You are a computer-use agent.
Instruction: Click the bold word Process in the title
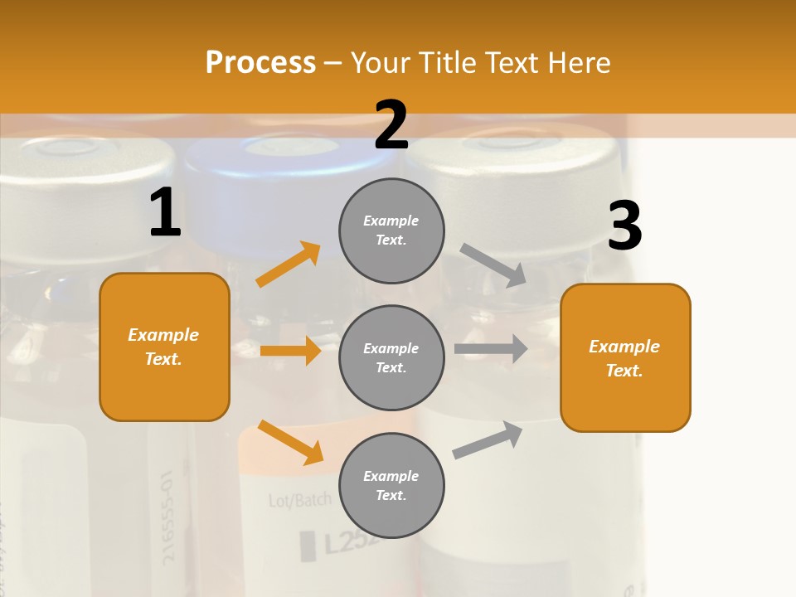[260, 63]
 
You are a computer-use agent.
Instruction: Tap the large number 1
[165, 213]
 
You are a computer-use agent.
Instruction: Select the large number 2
[391, 124]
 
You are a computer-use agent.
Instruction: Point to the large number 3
[624, 226]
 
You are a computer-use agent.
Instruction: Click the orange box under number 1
[164, 347]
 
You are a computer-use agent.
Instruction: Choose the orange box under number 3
[625, 357]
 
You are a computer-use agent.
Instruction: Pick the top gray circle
[391, 231]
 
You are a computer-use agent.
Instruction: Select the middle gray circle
[391, 357]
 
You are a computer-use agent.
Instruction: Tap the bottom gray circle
[391, 485]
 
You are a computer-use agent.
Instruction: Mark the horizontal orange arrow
[290, 351]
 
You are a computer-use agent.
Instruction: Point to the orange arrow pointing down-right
[290, 442]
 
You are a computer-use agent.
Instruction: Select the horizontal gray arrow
[491, 348]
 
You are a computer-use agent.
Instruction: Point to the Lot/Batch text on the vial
[299, 500]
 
